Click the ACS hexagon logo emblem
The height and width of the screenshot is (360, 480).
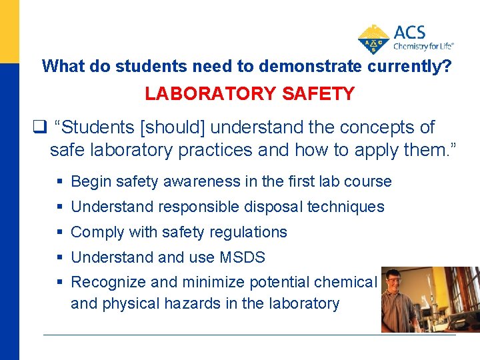tap(374, 38)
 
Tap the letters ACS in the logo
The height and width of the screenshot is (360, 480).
tap(409, 33)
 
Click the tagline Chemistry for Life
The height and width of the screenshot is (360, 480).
tap(423, 46)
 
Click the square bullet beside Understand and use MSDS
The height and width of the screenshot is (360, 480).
tap(61, 258)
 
